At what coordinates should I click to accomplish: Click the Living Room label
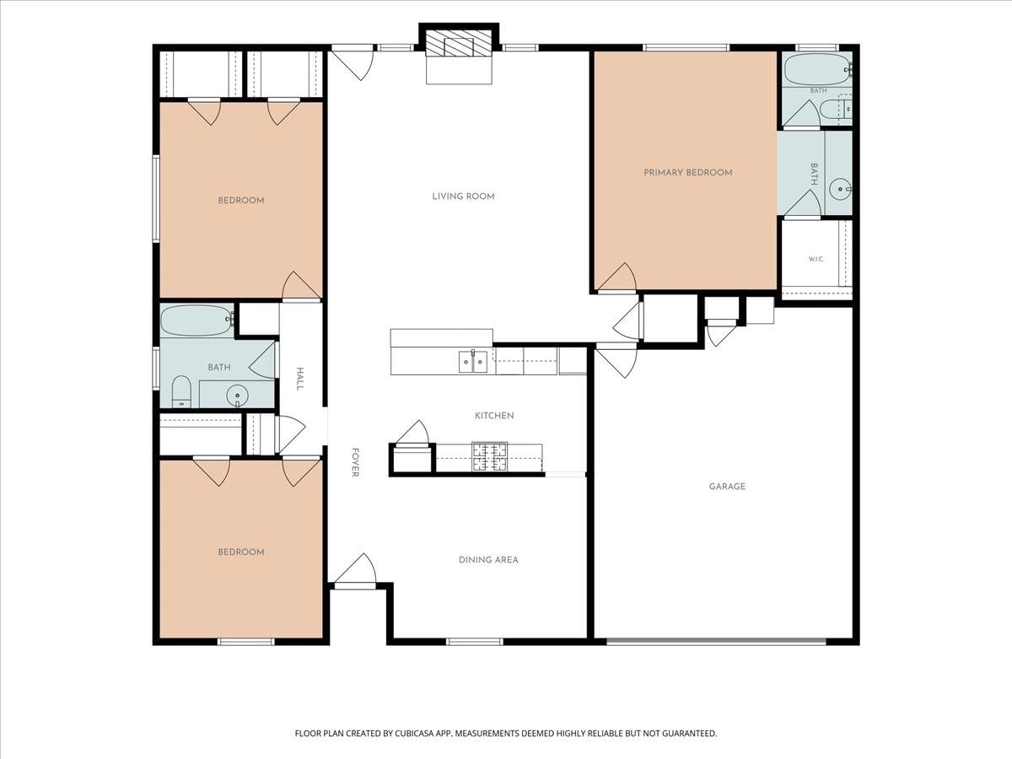point(463,196)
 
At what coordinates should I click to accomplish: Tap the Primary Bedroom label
point(688,172)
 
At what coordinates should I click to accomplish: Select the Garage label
point(727,487)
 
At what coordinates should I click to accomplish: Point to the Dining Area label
point(488,560)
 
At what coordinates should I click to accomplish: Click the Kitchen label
point(494,415)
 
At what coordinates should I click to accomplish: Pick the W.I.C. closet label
point(816,260)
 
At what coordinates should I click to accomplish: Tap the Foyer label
point(355,462)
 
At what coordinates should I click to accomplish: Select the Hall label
point(299,379)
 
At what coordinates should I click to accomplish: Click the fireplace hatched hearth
point(458,44)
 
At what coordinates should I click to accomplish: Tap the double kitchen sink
point(473,362)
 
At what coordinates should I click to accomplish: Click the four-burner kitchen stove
point(489,457)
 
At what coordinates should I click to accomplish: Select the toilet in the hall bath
point(181,391)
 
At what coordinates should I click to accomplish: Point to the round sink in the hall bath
point(238,395)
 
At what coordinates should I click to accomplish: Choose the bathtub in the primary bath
point(818,69)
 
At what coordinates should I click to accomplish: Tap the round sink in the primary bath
point(841,189)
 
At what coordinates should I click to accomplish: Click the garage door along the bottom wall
point(717,641)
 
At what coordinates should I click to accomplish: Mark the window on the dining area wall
point(475,642)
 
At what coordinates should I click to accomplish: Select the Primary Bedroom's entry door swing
point(617,278)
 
